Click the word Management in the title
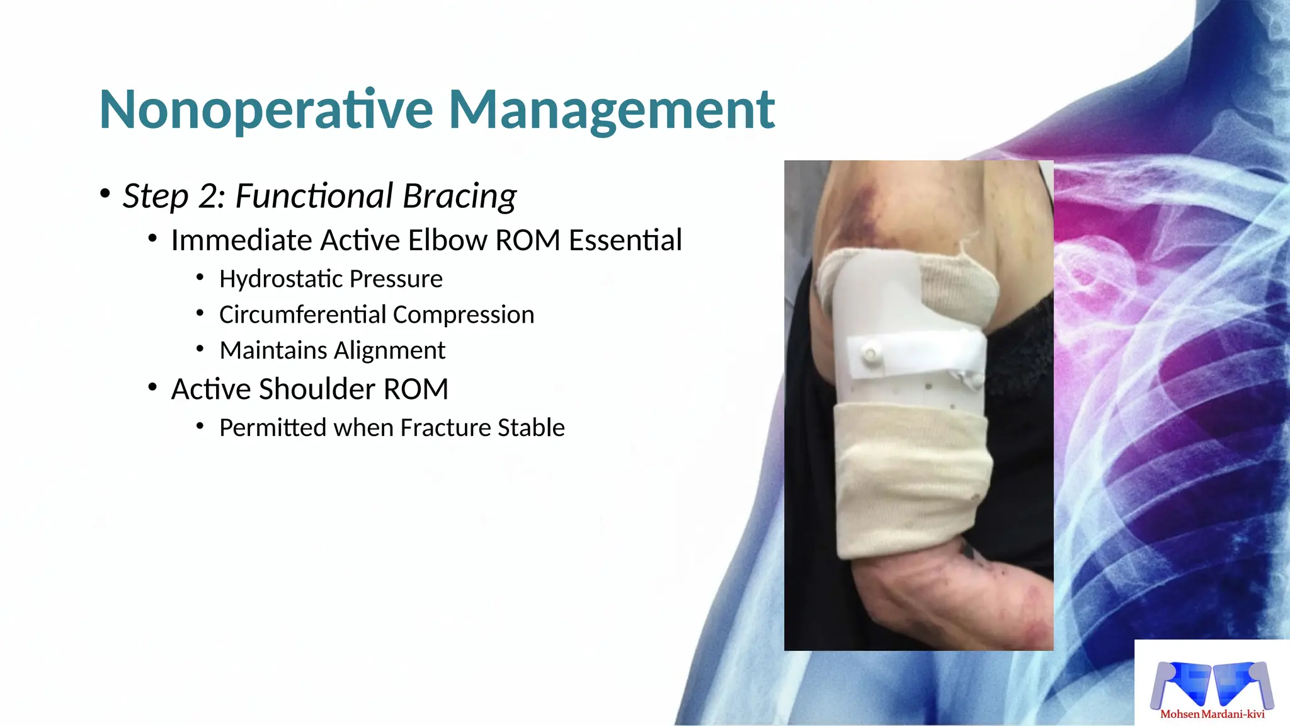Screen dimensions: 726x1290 pos(611,110)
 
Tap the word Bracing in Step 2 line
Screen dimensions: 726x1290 pos(459,196)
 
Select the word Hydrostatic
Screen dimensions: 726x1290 pos(281,279)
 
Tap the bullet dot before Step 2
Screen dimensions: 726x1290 pos(105,193)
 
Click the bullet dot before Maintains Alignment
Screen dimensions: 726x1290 pos(200,349)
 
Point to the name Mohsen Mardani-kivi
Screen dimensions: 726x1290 pos(1212,714)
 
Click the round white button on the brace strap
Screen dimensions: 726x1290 pos(870,355)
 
